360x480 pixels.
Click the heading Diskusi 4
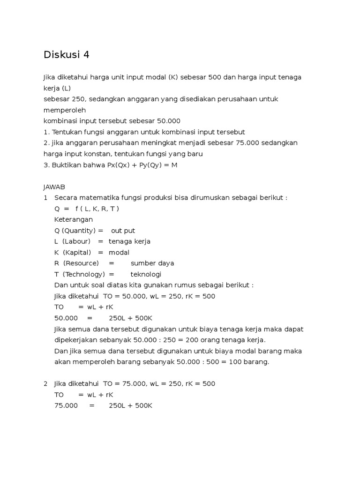[x=66, y=55]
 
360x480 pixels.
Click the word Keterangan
[x=74, y=219]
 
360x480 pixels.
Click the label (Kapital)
[x=76, y=252]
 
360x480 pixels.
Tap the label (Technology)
[x=83, y=274]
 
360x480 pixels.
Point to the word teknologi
[x=146, y=274]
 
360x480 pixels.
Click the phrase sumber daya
[x=152, y=263]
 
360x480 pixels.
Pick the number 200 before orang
[x=191, y=340]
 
